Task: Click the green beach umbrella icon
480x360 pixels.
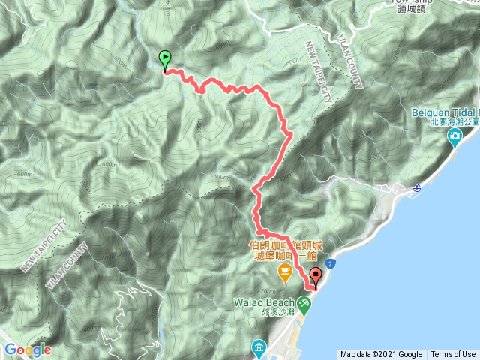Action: coord(304,303)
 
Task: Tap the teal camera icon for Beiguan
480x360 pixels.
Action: coord(454,137)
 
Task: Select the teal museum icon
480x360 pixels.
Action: coord(259,347)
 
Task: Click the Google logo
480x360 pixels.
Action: coord(27,349)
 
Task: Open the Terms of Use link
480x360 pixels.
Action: coord(453,354)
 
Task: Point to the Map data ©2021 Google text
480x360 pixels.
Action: coord(381,354)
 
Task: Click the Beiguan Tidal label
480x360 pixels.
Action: coord(443,112)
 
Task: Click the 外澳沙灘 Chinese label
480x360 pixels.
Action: coord(274,315)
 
